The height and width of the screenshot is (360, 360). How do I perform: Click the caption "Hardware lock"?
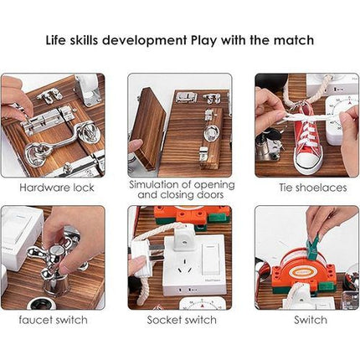(x=52, y=187)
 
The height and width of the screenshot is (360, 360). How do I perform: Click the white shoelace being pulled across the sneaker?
(x=293, y=117)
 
